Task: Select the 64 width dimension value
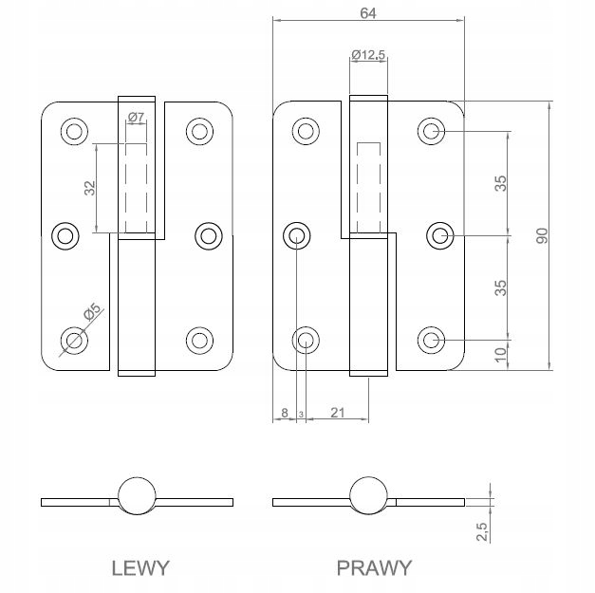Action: (x=368, y=12)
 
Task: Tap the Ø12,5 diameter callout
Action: (x=367, y=55)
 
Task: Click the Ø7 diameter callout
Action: (x=135, y=117)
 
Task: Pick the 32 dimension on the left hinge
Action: (x=89, y=188)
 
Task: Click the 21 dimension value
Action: (x=336, y=413)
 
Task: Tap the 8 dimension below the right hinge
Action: (x=285, y=413)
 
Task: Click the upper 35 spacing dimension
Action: (x=499, y=181)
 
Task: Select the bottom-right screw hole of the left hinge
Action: (x=198, y=339)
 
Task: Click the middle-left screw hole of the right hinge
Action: (x=297, y=234)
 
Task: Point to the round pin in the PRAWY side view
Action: (x=368, y=500)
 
